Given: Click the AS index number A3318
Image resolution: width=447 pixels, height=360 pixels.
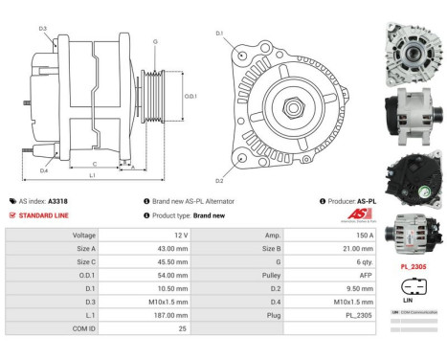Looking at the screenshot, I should [x=57, y=202].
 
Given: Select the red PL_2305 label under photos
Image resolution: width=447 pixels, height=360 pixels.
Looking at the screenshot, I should [x=413, y=266].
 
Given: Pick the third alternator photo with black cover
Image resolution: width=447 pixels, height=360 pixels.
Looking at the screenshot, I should [x=413, y=178].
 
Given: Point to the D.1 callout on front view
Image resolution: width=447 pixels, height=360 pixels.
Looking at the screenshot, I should [x=219, y=34].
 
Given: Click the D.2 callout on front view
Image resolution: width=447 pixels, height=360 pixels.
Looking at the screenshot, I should [x=219, y=180].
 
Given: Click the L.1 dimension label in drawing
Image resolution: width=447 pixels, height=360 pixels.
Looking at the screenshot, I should [x=92, y=176].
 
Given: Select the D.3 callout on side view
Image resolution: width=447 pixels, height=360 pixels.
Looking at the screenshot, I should [x=43, y=29].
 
